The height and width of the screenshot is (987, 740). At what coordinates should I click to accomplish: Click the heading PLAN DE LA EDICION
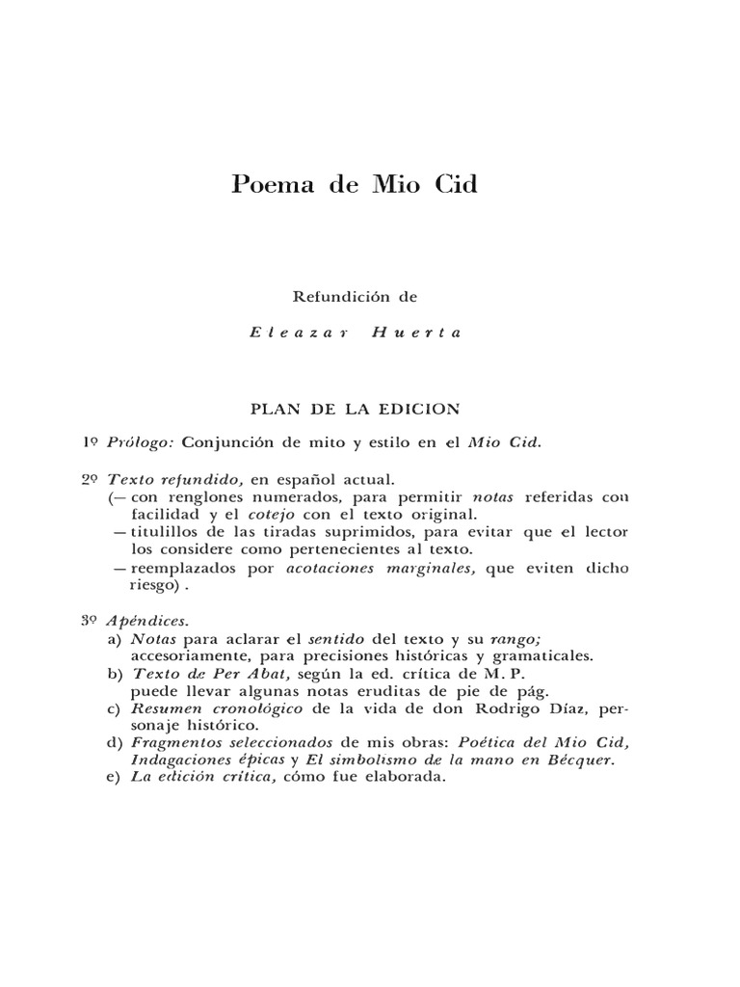pyautogui.click(x=355, y=409)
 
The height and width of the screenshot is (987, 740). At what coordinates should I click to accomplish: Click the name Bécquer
pyautogui.click(x=583, y=761)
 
